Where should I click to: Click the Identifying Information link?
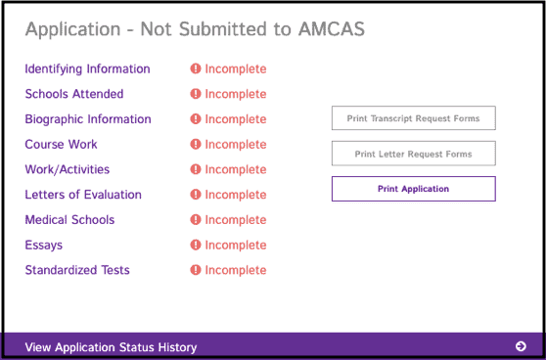coord(87,69)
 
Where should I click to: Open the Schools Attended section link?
coord(74,94)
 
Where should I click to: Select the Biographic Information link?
coord(88,119)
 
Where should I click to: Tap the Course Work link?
coord(61,145)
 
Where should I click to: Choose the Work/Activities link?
coord(67,169)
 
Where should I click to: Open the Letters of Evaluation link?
coord(83,195)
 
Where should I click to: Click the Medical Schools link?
coord(69,220)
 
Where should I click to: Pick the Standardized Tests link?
coord(77,270)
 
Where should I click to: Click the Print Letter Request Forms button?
coord(413,154)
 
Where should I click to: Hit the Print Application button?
coord(413,189)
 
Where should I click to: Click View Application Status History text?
coord(111,347)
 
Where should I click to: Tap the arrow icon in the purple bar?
coord(521,346)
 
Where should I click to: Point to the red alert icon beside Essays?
coord(196,245)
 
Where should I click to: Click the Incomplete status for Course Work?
coord(235,145)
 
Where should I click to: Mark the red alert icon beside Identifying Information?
coord(196,69)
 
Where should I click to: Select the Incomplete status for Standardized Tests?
coord(235,270)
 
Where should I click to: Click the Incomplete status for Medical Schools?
coord(235,220)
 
